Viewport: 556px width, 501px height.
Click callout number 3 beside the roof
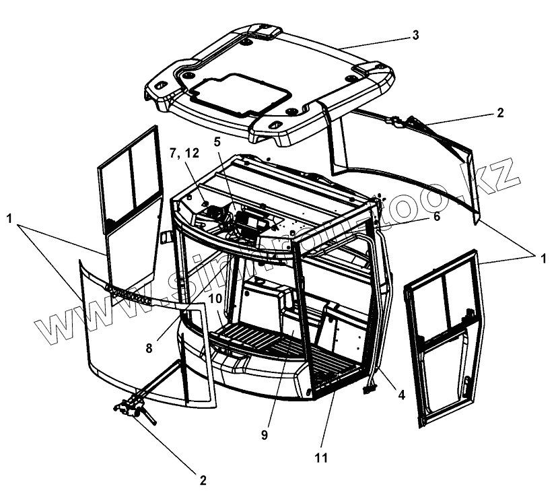click(x=415, y=35)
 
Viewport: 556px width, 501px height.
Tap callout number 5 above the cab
click(x=217, y=142)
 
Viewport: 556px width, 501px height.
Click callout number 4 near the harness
click(x=401, y=395)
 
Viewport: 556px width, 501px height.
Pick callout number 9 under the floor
click(x=265, y=434)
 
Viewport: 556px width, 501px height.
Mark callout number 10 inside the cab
click(x=214, y=297)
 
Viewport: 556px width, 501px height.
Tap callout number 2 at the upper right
click(x=499, y=112)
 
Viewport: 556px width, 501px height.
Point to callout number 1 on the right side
click(x=536, y=257)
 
